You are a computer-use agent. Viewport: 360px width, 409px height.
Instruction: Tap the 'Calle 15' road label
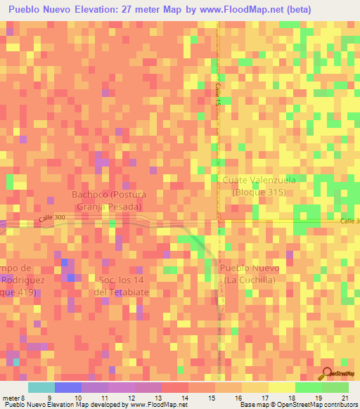(218, 92)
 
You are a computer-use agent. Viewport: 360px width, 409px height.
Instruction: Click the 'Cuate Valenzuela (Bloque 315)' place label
(259, 186)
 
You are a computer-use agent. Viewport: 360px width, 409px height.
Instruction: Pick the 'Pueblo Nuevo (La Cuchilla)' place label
(250, 275)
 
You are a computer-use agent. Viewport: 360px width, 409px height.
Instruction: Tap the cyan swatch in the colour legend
(41, 387)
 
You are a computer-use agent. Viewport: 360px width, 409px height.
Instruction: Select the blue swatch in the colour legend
(68, 387)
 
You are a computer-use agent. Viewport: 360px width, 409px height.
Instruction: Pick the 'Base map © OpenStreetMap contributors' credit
(298, 405)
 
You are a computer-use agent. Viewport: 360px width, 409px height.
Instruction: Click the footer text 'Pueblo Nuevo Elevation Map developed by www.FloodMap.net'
(89, 405)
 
